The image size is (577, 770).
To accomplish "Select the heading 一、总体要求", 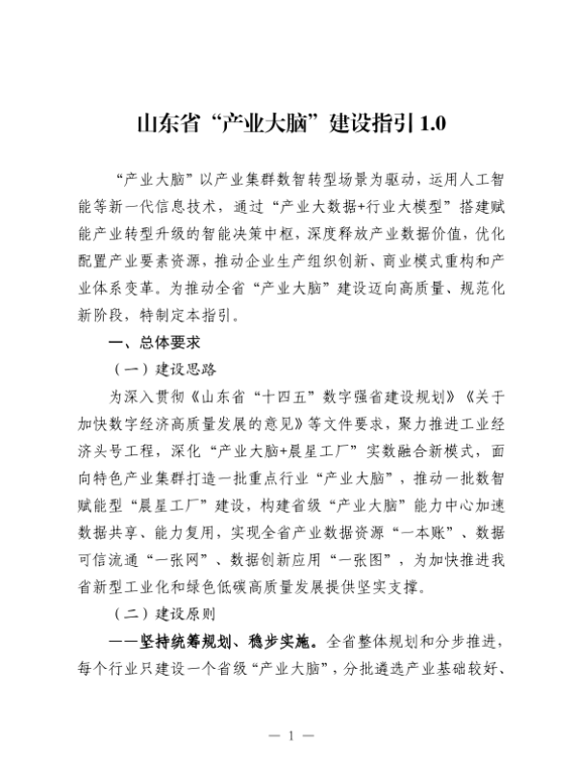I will coord(154,342).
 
